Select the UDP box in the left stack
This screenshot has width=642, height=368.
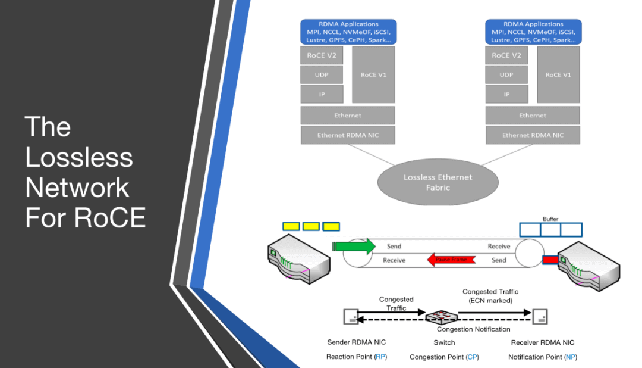click(321, 75)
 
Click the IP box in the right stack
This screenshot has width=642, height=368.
click(506, 94)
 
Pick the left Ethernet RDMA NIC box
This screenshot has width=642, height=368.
click(348, 135)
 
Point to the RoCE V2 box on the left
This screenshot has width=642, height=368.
click(321, 55)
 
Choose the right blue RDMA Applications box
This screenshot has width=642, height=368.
click(533, 32)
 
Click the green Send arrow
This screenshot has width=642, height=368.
click(354, 246)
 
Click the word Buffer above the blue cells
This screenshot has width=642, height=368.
click(550, 219)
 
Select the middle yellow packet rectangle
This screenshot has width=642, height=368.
click(311, 226)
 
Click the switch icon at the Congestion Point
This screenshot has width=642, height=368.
click(442, 316)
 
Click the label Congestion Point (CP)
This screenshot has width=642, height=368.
click(444, 357)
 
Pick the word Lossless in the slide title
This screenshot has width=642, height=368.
click(78, 157)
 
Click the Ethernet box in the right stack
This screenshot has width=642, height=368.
click(533, 116)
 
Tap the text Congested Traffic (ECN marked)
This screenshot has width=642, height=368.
click(490, 296)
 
